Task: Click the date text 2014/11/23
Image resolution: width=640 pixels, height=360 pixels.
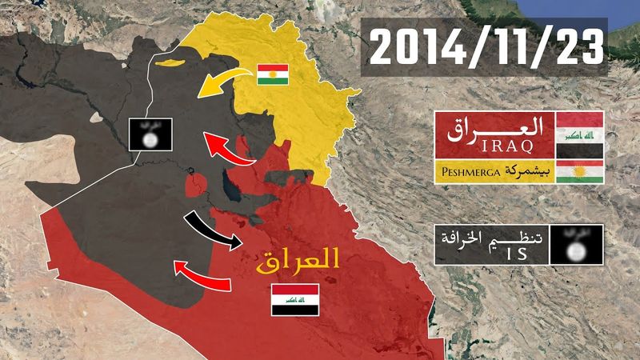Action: tap(485, 46)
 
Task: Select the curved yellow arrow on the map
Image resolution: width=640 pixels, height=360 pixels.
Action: tap(221, 79)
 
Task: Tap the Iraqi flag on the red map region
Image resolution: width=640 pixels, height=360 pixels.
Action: tap(295, 298)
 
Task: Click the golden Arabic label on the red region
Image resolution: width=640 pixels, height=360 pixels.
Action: tap(298, 258)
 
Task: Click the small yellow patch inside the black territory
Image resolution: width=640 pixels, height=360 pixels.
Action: tap(170, 62)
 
